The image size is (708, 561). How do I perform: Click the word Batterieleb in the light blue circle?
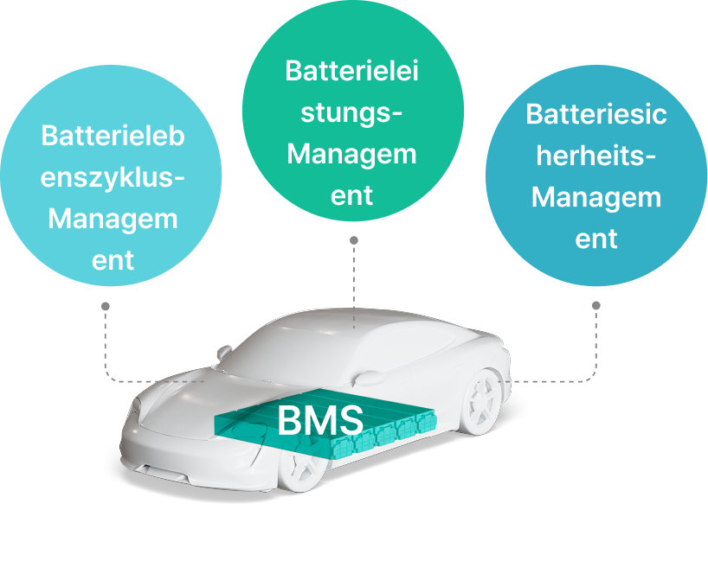[x=113, y=136]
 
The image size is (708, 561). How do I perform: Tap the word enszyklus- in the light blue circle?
[x=113, y=177]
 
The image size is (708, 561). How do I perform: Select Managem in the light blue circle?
[x=113, y=219]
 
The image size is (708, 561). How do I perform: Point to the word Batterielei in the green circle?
[x=351, y=71]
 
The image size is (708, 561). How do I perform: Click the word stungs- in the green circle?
[x=351, y=112]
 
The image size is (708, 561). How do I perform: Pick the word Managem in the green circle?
[x=351, y=154]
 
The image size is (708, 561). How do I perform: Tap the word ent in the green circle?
[x=351, y=195]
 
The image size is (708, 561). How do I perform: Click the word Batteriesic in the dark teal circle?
[x=596, y=114]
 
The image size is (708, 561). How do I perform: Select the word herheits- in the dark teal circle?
[x=596, y=156]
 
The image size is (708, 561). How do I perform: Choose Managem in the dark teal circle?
[x=596, y=197]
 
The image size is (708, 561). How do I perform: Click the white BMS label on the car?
[x=319, y=421]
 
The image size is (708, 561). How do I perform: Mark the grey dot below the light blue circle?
[x=105, y=305]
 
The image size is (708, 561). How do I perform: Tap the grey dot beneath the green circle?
[x=353, y=239]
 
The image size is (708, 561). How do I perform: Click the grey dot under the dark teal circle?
[x=596, y=305]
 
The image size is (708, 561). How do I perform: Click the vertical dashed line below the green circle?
[x=353, y=277]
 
